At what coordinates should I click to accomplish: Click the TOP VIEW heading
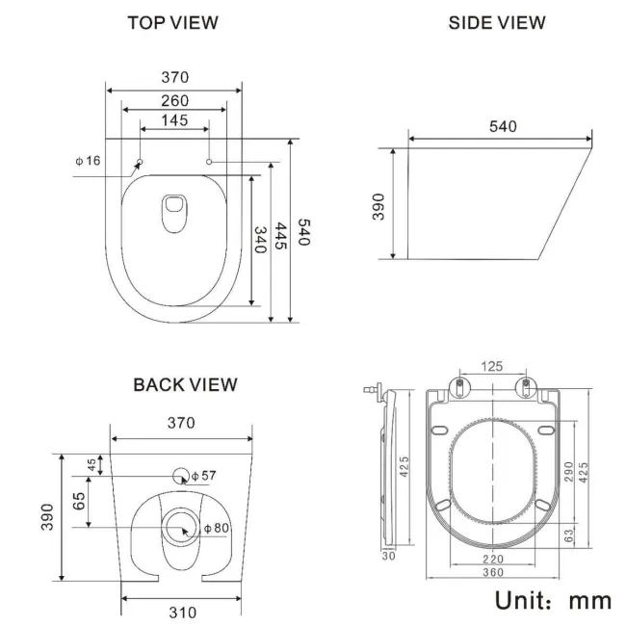tap(173, 22)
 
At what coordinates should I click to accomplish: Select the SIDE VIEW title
tap(497, 22)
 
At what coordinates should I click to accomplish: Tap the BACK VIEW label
tap(185, 384)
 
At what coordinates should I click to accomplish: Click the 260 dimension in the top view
tap(174, 101)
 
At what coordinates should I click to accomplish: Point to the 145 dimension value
tap(174, 120)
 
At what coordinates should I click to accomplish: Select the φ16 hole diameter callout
tap(88, 160)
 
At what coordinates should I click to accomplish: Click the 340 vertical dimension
tap(258, 239)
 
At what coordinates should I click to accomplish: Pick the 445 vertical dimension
tap(280, 237)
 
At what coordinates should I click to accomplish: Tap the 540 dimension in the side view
tap(502, 127)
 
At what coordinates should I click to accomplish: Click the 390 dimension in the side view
tap(378, 205)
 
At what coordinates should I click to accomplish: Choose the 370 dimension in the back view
tap(180, 423)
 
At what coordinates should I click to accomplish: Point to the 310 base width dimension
tap(182, 612)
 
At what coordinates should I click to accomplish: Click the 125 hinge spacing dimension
tap(493, 366)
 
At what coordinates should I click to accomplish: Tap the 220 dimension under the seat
tap(492, 558)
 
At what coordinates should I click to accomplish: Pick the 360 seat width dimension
tap(492, 572)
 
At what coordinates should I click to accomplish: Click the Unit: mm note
tap(552, 599)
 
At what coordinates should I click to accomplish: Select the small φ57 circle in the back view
tap(180, 475)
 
